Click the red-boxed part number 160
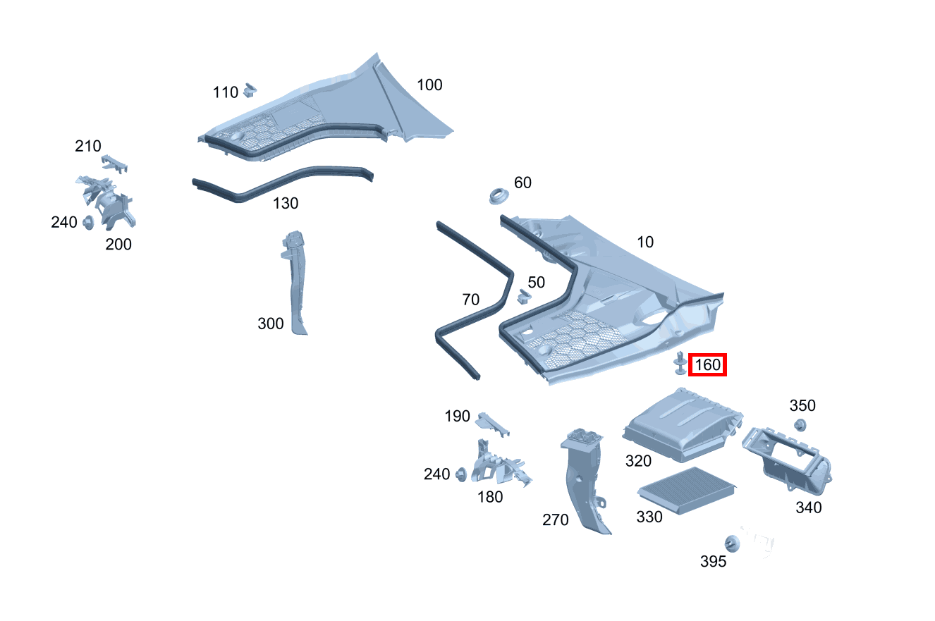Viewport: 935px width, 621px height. (707, 364)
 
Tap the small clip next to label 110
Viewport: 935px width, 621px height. (250, 90)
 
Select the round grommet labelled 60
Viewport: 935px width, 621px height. (499, 196)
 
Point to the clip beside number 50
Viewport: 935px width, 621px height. (524, 296)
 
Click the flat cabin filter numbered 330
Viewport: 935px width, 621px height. (687, 491)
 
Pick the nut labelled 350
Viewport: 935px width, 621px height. (800, 425)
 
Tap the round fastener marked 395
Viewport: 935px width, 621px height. (732, 543)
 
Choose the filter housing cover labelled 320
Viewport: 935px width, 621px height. (683, 425)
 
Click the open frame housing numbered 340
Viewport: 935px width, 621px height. (787, 459)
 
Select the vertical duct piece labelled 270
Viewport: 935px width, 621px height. (585, 480)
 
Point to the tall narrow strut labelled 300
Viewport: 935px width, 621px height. (295, 282)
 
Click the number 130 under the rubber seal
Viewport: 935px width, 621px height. (286, 203)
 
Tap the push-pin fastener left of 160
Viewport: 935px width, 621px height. (680, 363)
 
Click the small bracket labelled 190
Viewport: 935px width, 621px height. (493, 424)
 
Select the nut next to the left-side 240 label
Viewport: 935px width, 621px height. (88, 223)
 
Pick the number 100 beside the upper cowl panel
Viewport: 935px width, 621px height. (429, 85)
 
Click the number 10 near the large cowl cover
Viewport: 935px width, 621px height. (645, 242)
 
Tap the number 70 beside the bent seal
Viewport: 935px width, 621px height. (470, 300)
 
